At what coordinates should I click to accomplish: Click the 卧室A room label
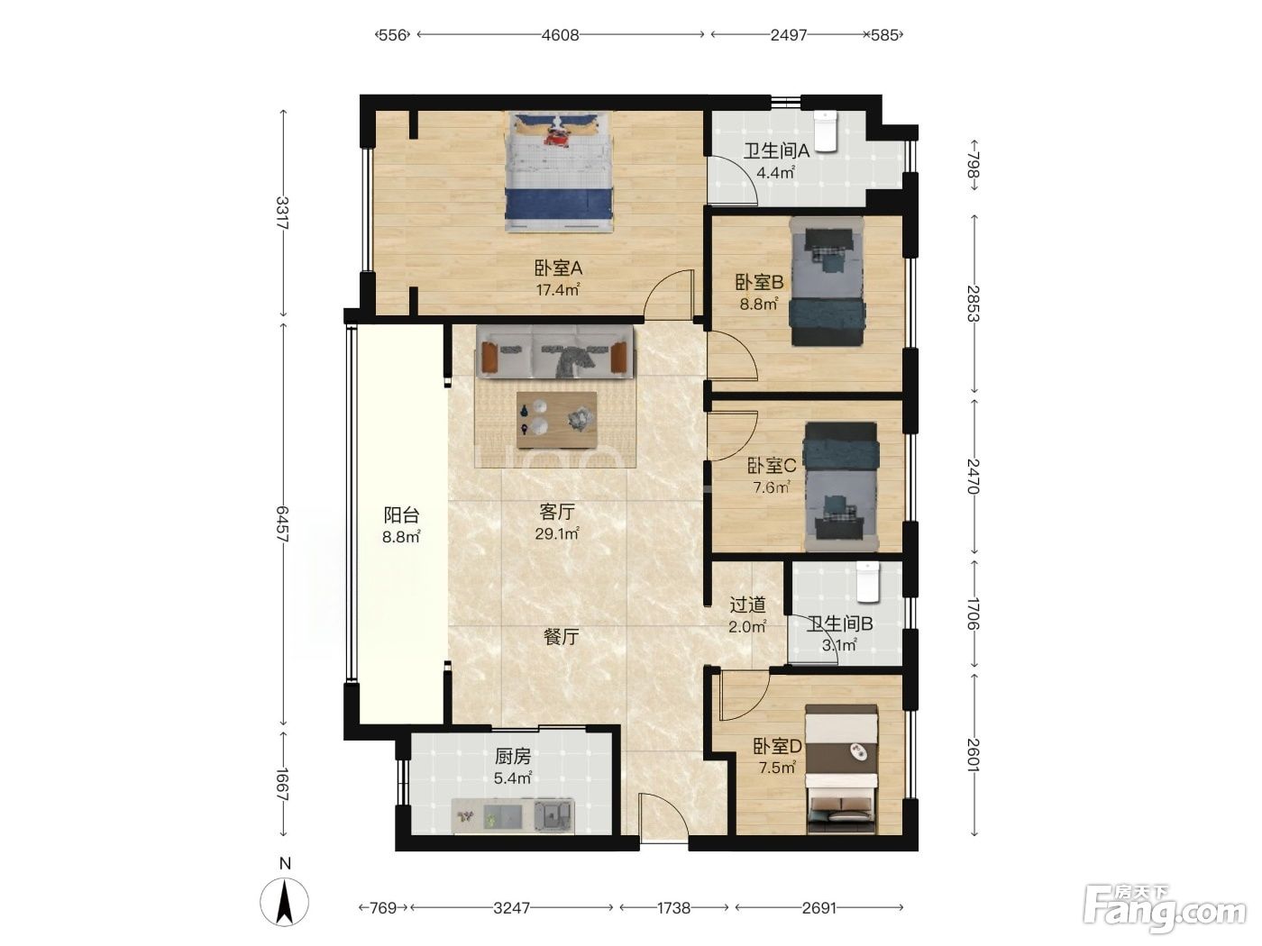pyautogui.click(x=558, y=268)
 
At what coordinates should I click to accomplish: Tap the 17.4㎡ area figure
pyautogui.click(x=558, y=289)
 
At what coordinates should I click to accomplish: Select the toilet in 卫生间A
pyautogui.click(x=826, y=132)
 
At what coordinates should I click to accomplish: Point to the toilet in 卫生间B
pyautogui.click(x=868, y=582)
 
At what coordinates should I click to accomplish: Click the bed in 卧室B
pyautogui.click(x=828, y=281)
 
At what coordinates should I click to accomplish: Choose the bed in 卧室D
pyautogui.click(x=841, y=769)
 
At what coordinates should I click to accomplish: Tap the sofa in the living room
pyautogui.click(x=554, y=352)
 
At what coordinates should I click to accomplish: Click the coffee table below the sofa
pyautogui.click(x=556, y=420)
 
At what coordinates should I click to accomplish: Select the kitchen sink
pyautogui.click(x=554, y=814)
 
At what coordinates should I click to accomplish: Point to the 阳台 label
pyautogui.click(x=401, y=514)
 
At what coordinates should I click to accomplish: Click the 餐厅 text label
pyautogui.click(x=562, y=636)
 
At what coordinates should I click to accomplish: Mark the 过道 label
pyautogui.click(x=747, y=605)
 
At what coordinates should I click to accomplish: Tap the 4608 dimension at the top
pyautogui.click(x=560, y=35)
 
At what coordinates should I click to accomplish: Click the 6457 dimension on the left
pyautogui.click(x=282, y=523)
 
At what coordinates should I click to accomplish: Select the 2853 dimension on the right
pyautogui.click(x=974, y=304)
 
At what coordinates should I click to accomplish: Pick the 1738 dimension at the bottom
pyautogui.click(x=674, y=907)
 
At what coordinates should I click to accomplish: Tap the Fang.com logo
pyautogui.click(x=1164, y=909)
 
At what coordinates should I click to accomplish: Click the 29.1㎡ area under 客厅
pyautogui.click(x=556, y=533)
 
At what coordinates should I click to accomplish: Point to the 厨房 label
pyautogui.click(x=512, y=757)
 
